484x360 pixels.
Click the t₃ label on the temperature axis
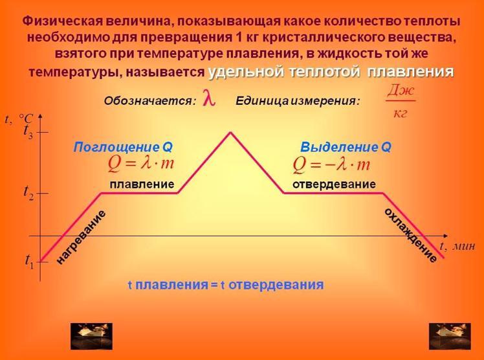point(28,132)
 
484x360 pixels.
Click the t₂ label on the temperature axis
point(28,193)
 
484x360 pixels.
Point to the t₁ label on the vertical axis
point(30,261)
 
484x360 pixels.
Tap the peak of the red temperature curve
point(230,133)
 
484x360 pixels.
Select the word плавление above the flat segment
point(142,185)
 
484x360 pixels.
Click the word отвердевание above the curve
point(334,185)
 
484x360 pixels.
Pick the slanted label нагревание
point(82,237)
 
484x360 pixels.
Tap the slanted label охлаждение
point(410,235)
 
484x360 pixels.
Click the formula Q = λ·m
point(141,163)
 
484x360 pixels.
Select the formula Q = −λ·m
point(331,164)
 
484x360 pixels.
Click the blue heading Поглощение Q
point(123,147)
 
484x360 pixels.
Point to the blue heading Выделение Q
point(346,147)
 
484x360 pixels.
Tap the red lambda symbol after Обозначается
point(208,98)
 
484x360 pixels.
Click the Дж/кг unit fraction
point(401,102)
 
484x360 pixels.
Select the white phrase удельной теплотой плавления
point(331,73)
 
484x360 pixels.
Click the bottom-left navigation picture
point(91,336)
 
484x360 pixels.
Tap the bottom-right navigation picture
point(450,336)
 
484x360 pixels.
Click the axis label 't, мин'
point(457,247)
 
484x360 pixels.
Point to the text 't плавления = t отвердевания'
point(226,285)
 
